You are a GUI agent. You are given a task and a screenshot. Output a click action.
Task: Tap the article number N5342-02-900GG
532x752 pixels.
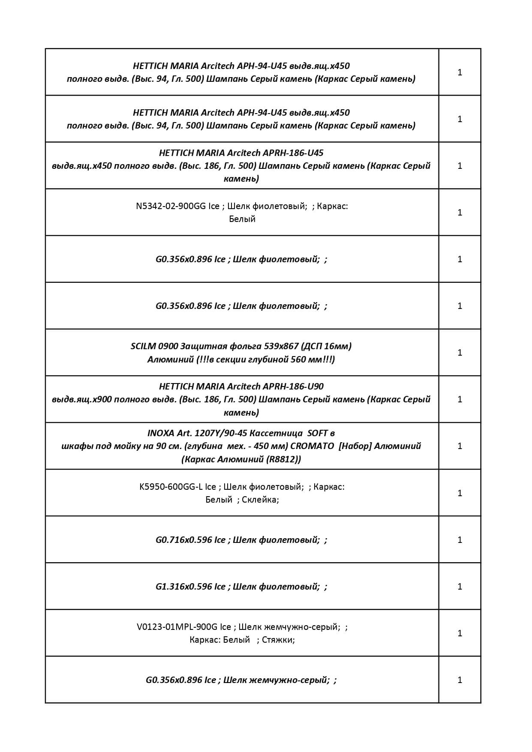(x=171, y=206)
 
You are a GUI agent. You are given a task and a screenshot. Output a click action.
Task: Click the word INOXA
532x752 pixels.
(x=161, y=433)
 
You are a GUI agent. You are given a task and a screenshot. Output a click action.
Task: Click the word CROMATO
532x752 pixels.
(x=312, y=446)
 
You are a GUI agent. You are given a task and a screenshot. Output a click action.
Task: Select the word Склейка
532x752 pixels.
(x=260, y=500)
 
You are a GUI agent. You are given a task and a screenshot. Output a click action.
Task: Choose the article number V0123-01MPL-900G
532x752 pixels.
(x=177, y=627)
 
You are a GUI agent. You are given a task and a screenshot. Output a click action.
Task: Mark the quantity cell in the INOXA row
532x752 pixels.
(x=460, y=446)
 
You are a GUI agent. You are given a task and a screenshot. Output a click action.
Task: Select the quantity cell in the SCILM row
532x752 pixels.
(x=460, y=353)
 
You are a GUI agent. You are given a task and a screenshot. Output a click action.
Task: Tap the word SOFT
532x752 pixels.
(x=318, y=433)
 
